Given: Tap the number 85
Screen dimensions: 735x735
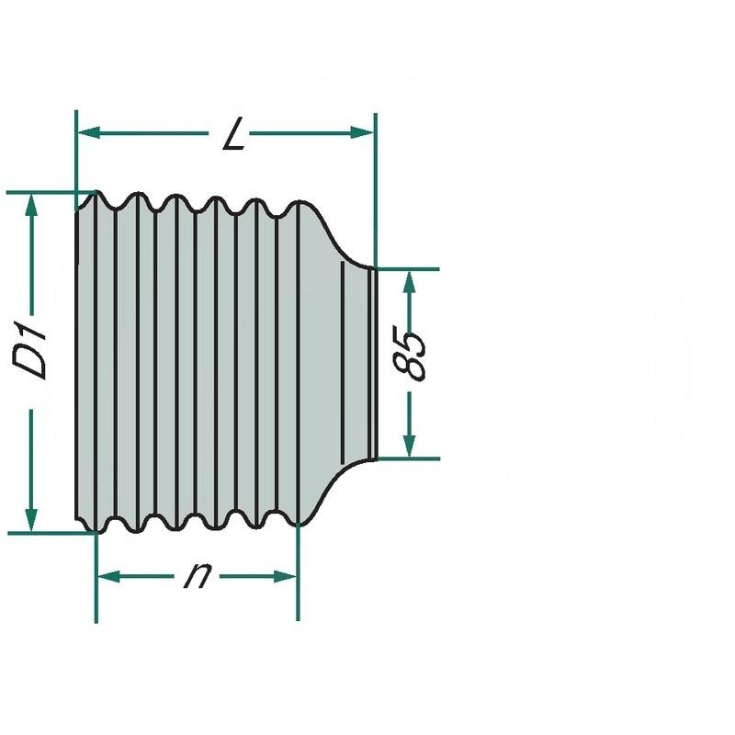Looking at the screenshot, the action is [x=410, y=353].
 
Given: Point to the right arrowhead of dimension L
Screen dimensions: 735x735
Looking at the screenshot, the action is [x=362, y=132].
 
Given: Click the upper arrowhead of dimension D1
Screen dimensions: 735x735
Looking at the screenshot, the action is [x=31, y=205].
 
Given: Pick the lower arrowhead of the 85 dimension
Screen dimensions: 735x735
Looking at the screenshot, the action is [x=409, y=446].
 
